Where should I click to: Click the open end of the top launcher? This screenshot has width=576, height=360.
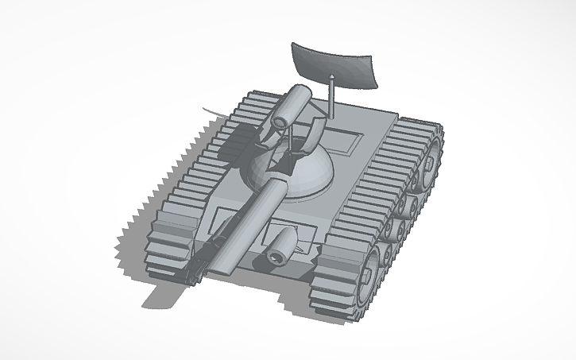click(x=280, y=122)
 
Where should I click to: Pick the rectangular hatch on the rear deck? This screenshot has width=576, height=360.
click(x=342, y=141)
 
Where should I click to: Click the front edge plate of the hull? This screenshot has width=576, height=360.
click(x=270, y=274)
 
